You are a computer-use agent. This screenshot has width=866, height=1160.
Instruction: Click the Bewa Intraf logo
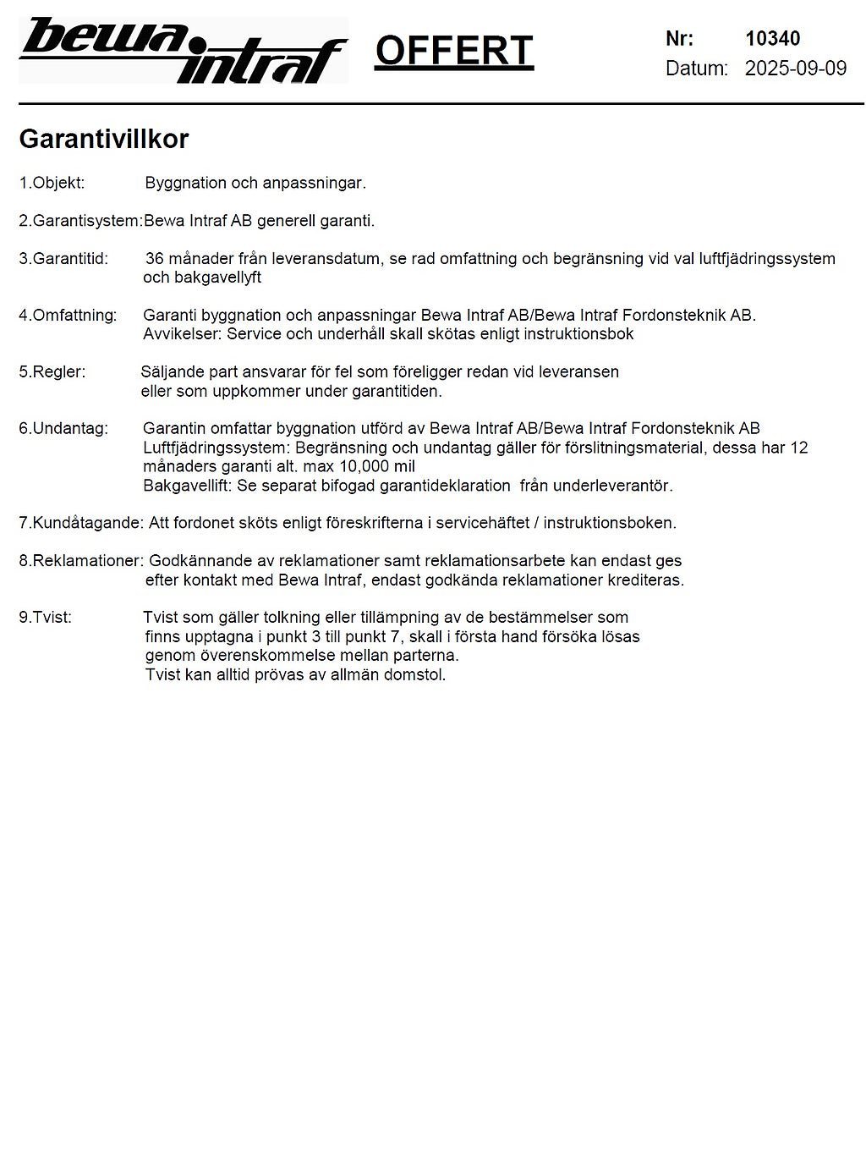pyautogui.click(x=183, y=51)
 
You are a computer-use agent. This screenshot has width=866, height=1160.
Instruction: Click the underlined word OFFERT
pyautogui.click(x=454, y=51)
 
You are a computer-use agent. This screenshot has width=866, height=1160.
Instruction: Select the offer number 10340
pyautogui.click(x=772, y=38)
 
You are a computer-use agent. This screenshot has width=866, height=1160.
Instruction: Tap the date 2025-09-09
pyautogui.click(x=795, y=69)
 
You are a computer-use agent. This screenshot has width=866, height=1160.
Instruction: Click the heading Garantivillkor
pyautogui.click(x=103, y=140)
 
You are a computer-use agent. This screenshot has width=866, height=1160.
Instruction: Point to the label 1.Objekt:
pyautogui.click(x=52, y=183)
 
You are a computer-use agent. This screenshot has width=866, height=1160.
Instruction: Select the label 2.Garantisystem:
pyautogui.click(x=80, y=221)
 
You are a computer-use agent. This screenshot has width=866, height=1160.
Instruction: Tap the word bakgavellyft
pyautogui.click(x=202, y=278)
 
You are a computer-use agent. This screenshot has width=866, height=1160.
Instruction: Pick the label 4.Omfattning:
pyautogui.click(x=67, y=316)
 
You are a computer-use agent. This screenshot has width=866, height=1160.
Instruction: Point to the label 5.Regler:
pyautogui.click(x=52, y=372)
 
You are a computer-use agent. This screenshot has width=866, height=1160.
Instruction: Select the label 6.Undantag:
pyautogui.click(x=63, y=429)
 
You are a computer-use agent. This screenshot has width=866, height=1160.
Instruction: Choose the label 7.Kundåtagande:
pyautogui.click(x=81, y=523)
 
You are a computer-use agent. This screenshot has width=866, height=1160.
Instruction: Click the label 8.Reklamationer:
pyautogui.click(x=81, y=561)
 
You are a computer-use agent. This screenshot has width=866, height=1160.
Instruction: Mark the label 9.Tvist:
pyautogui.click(x=45, y=618)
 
